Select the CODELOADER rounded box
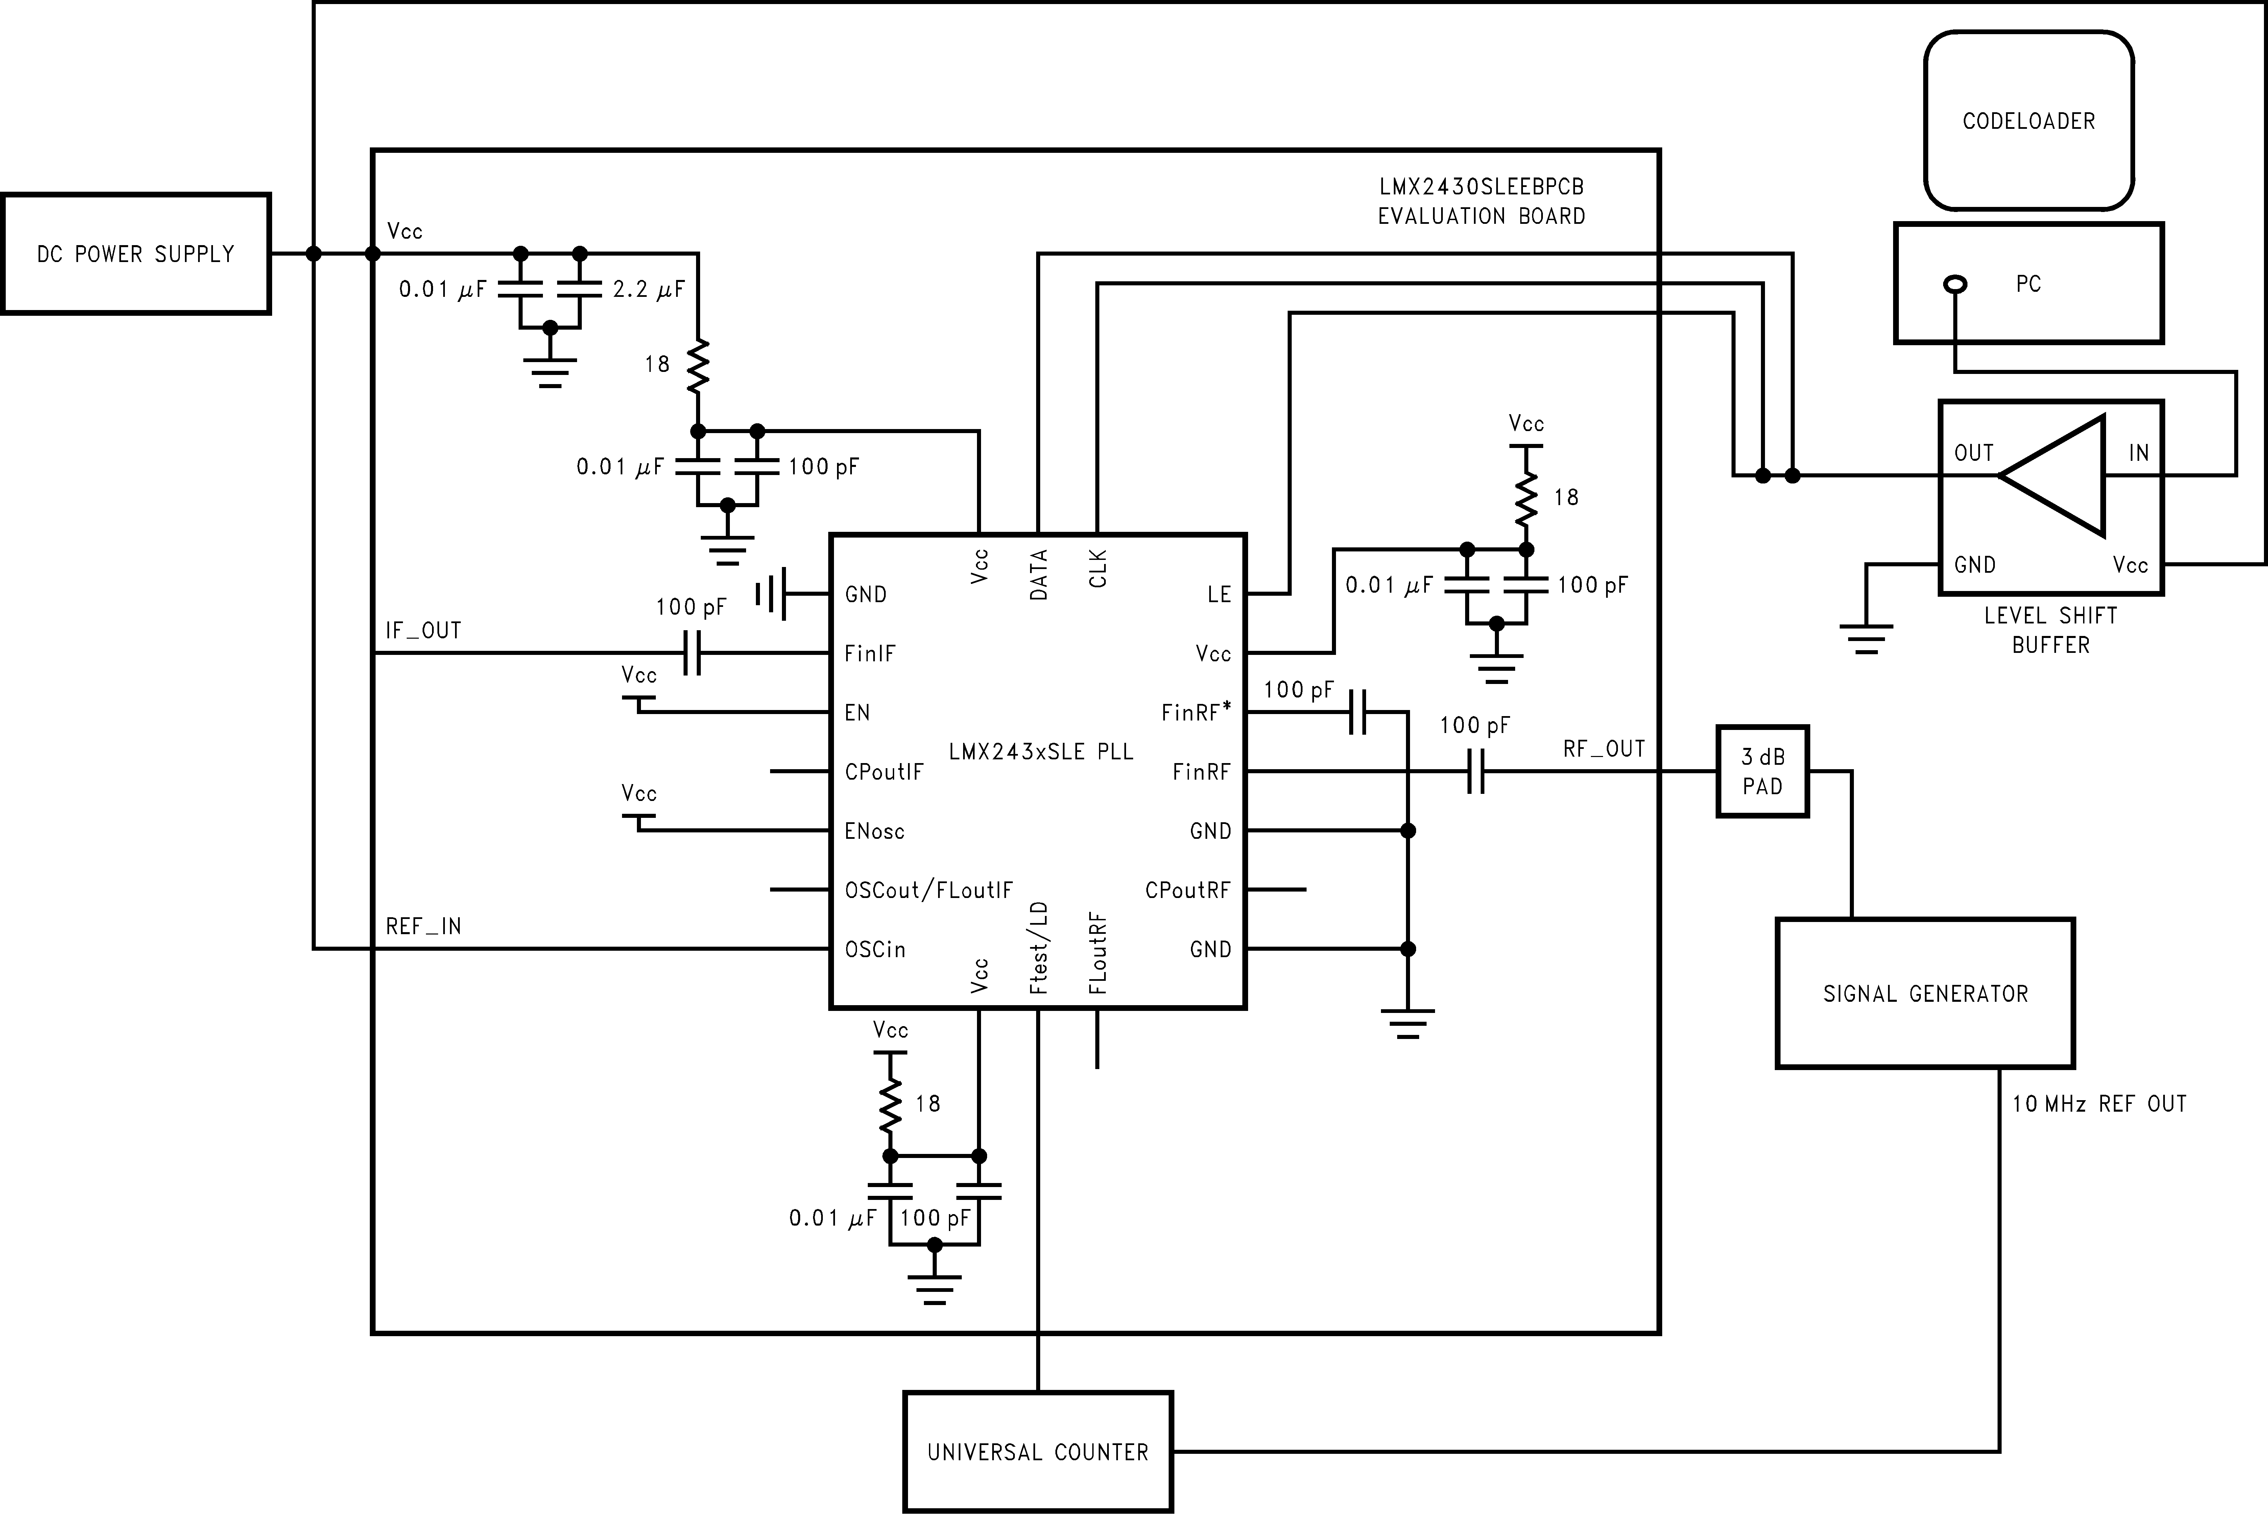coord(2029,121)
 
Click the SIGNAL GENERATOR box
coord(1925,994)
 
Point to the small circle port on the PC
coord(1955,284)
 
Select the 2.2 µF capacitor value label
coord(649,289)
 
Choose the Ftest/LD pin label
coord(1039,948)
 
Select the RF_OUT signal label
coord(1604,749)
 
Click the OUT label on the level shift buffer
coord(1974,453)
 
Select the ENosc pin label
coord(874,831)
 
